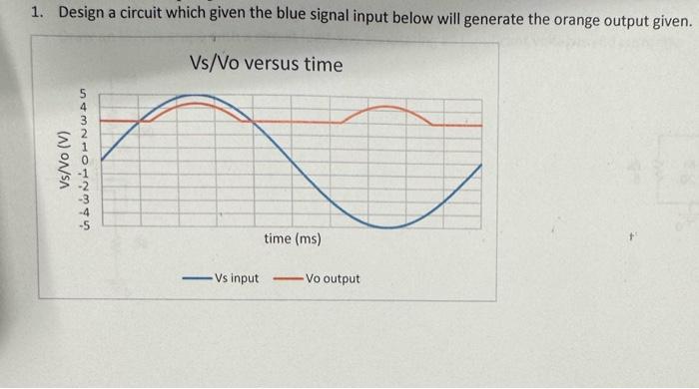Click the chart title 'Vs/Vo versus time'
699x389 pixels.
point(266,65)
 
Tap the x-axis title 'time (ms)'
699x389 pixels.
point(293,239)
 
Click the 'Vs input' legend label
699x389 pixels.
point(236,278)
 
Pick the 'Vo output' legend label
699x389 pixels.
point(333,278)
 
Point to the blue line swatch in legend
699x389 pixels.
point(196,279)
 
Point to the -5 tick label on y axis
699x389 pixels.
point(85,224)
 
